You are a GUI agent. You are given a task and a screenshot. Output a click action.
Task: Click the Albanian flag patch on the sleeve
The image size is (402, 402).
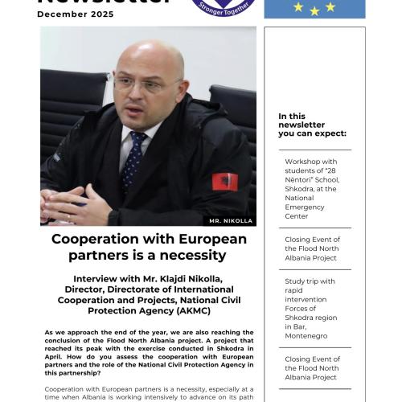pyautogui.click(x=225, y=181)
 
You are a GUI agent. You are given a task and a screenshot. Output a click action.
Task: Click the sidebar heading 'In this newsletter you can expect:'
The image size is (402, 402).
pyautogui.click(x=312, y=125)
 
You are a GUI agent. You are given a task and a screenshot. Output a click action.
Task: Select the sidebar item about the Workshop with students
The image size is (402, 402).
pyautogui.click(x=314, y=188)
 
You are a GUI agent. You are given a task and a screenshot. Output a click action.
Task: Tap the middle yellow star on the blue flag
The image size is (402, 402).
pyautogui.click(x=314, y=10)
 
